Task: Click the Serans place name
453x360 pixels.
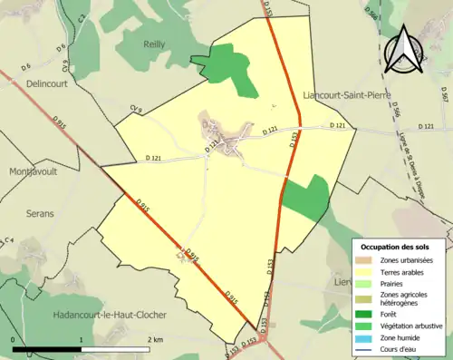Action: (x=39, y=214)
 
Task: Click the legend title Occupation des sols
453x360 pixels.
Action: (x=401, y=247)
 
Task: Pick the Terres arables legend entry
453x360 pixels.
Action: (x=399, y=272)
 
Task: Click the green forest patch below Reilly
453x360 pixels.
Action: (x=231, y=67)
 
